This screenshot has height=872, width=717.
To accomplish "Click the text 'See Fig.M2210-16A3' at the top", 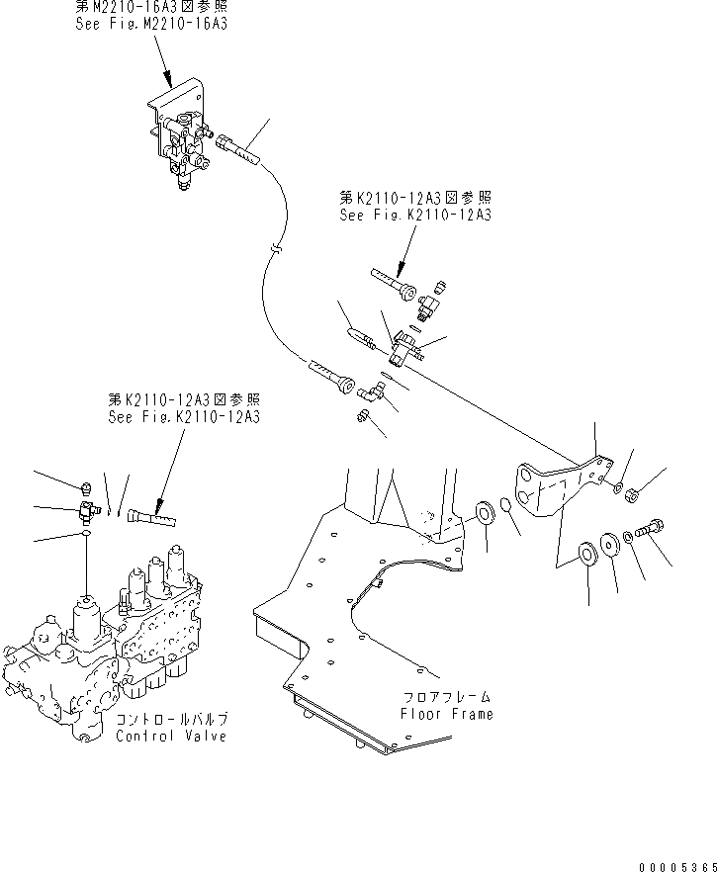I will tap(151, 23).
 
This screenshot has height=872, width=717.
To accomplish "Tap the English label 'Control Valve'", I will tap(170, 737).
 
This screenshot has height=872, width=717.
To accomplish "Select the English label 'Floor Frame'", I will tap(447, 714).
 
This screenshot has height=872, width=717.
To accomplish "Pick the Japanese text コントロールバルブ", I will tap(170, 721).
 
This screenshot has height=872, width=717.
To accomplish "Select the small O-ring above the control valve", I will tap(87, 533).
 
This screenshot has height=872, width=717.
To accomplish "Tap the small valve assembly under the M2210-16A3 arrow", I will tap(182, 143).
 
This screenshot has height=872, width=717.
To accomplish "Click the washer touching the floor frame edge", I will tap(486, 512).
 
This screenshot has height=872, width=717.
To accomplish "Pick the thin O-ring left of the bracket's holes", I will tap(505, 506).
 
